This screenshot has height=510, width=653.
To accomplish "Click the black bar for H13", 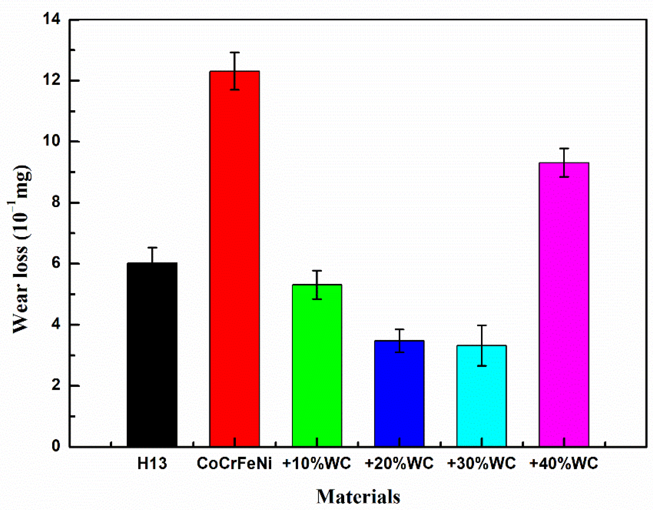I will [x=152, y=355].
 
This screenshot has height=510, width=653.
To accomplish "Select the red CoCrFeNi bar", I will [x=234, y=259].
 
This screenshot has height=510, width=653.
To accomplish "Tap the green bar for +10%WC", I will [x=317, y=366].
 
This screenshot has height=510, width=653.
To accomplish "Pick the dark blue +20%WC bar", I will [x=399, y=394].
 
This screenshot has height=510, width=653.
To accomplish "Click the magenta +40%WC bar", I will [x=564, y=305].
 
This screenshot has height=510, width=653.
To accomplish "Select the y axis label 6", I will [x=55, y=263].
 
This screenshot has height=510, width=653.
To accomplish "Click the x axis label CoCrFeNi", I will [x=234, y=464].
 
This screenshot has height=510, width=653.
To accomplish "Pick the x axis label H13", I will [x=152, y=464].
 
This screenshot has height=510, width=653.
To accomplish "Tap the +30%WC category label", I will [x=481, y=464].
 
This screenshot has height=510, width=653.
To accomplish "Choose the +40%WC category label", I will [x=564, y=464].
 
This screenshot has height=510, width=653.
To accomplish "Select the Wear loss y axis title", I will [x=21, y=249].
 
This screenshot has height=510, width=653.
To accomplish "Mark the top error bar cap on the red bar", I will [x=234, y=52].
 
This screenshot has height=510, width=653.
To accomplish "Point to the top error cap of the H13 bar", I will [x=152, y=248].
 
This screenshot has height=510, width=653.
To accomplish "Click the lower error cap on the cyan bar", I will [x=482, y=366].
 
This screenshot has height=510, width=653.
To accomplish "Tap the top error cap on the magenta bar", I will [x=564, y=149].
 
